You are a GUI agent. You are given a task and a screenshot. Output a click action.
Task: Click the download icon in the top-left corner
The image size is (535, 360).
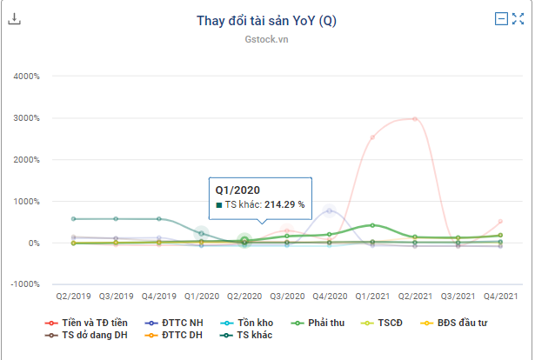point(14,19)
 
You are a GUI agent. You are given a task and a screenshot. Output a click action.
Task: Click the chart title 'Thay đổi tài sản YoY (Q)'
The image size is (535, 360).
point(266,22)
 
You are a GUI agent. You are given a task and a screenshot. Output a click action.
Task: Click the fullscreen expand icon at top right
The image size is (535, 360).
point(518,19)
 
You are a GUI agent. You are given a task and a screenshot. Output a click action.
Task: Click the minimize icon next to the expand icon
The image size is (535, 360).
point(501,19)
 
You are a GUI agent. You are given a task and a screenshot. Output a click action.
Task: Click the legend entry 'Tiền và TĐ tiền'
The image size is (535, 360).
point(96,323)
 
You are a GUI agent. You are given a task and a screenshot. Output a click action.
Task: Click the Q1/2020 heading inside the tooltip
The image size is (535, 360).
point(237,189)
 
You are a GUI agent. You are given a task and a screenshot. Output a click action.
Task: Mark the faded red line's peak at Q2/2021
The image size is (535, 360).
point(415,118)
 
